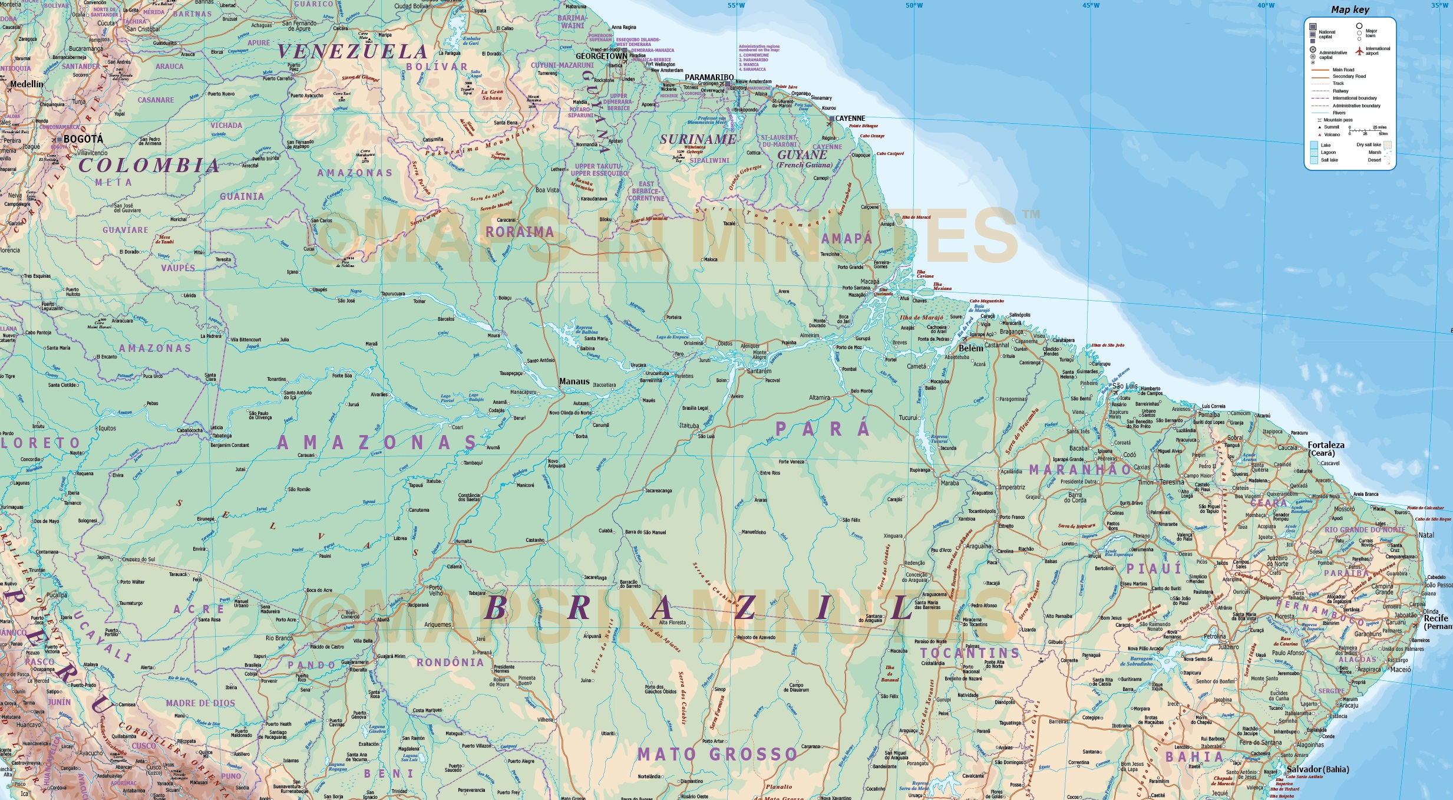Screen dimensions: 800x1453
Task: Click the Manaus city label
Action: (x=574, y=381)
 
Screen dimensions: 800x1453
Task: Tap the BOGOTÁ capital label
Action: (x=83, y=139)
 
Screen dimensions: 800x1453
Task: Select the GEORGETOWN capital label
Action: (x=601, y=57)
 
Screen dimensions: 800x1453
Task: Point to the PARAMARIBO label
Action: (x=709, y=77)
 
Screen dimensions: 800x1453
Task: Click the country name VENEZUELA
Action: (x=352, y=52)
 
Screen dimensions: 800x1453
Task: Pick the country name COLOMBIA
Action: (x=149, y=165)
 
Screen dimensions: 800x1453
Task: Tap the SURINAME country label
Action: (x=698, y=140)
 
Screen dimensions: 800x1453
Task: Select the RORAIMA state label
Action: (x=520, y=232)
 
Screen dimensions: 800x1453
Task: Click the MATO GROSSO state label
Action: (x=717, y=754)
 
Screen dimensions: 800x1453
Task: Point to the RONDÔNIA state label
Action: (x=450, y=663)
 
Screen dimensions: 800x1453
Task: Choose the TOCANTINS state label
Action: (x=970, y=653)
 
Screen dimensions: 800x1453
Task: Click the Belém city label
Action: (x=970, y=348)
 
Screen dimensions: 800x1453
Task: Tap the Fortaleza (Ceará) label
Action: (x=1326, y=449)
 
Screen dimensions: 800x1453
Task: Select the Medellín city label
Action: (x=27, y=84)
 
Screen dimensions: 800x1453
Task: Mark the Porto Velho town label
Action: (x=435, y=590)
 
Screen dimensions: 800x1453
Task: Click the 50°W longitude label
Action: (x=914, y=5)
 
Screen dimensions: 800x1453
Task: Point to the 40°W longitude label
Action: (x=1266, y=5)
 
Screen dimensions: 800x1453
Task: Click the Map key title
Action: (x=1350, y=9)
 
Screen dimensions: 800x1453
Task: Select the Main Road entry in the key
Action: (x=1343, y=70)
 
